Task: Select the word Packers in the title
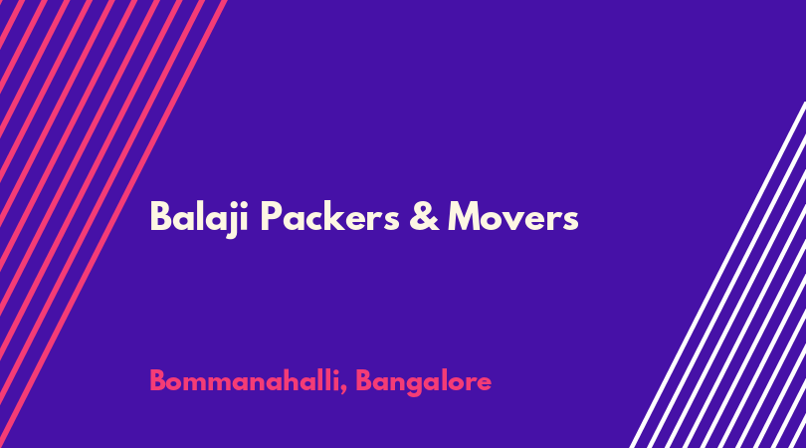click(x=330, y=216)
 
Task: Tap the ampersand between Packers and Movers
click(x=425, y=216)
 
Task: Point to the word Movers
click(x=513, y=217)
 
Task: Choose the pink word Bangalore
click(x=424, y=382)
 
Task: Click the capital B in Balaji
click(x=160, y=217)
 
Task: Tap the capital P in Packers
click(x=271, y=217)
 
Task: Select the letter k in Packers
click(x=335, y=216)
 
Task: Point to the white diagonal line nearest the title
click(x=717, y=275)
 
